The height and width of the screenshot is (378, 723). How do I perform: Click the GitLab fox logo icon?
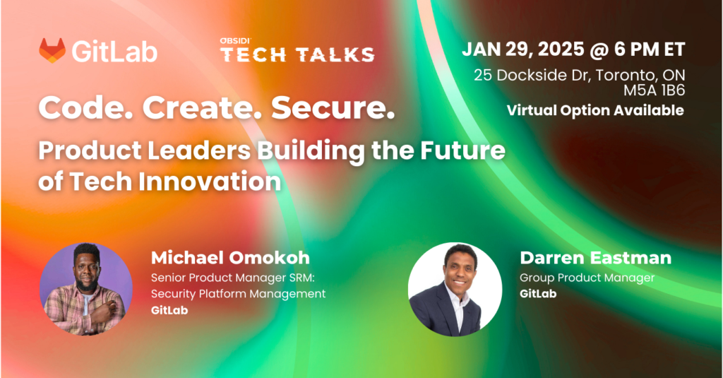pyautogui.click(x=52, y=50)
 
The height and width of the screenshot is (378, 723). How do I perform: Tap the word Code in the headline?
pyautogui.click(x=85, y=108)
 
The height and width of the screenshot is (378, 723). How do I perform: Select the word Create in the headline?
pyautogui.click(x=201, y=108)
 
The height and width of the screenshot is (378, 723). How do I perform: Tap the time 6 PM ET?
pyautogui.click(x=650, y=49)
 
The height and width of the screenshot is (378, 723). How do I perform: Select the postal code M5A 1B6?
pyautogui.click(x=654, y=90)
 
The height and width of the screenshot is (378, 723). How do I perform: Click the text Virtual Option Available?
pyautogui.click(x=595, y=110)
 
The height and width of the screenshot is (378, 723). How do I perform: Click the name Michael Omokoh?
pyautogui.click(x=230, y=258)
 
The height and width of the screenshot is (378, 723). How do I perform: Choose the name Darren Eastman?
pyautogui.click(x=595, y=258)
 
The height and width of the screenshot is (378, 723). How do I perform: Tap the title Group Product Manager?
pyautogui.click(x=587, y=278)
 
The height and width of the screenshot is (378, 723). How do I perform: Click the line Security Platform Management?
pyautogui.click(x=238, y=294)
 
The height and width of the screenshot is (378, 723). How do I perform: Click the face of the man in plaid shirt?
pyautogui.click(x=86, y=270)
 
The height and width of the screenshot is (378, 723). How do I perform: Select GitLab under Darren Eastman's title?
pyautogui.click(x=538, y=293)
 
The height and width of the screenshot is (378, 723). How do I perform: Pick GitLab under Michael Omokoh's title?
pyautogui.click(x=169, y=310)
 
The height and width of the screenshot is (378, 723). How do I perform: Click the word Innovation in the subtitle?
pyautogui.click(x=210, y=182)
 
